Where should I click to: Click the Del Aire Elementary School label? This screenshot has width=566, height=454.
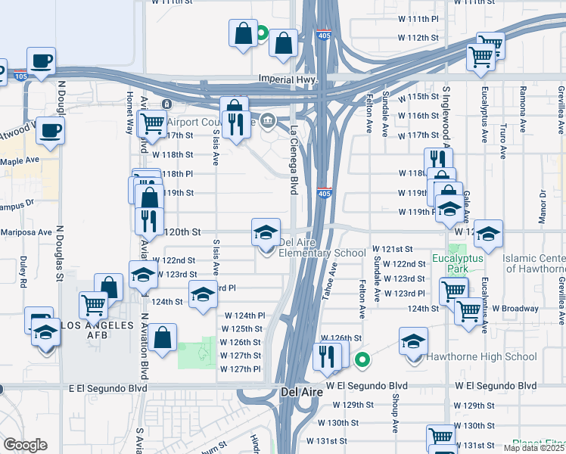[322, 248]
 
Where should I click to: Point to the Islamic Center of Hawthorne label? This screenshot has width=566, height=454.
[534, 263]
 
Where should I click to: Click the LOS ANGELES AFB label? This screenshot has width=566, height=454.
[91, 325]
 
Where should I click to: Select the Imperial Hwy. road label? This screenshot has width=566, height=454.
[287, 79]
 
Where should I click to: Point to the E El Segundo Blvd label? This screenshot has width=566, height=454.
[107, 387]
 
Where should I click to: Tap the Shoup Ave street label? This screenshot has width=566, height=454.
[395, 415]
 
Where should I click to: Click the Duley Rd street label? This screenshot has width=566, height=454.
[23, 273]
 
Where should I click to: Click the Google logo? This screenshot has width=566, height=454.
[25, 445]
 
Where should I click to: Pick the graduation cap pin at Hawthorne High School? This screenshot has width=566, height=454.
[414, 341]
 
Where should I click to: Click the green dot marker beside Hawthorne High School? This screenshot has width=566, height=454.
[362, 360]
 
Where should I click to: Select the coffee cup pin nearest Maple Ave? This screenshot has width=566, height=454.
[51, 131]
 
